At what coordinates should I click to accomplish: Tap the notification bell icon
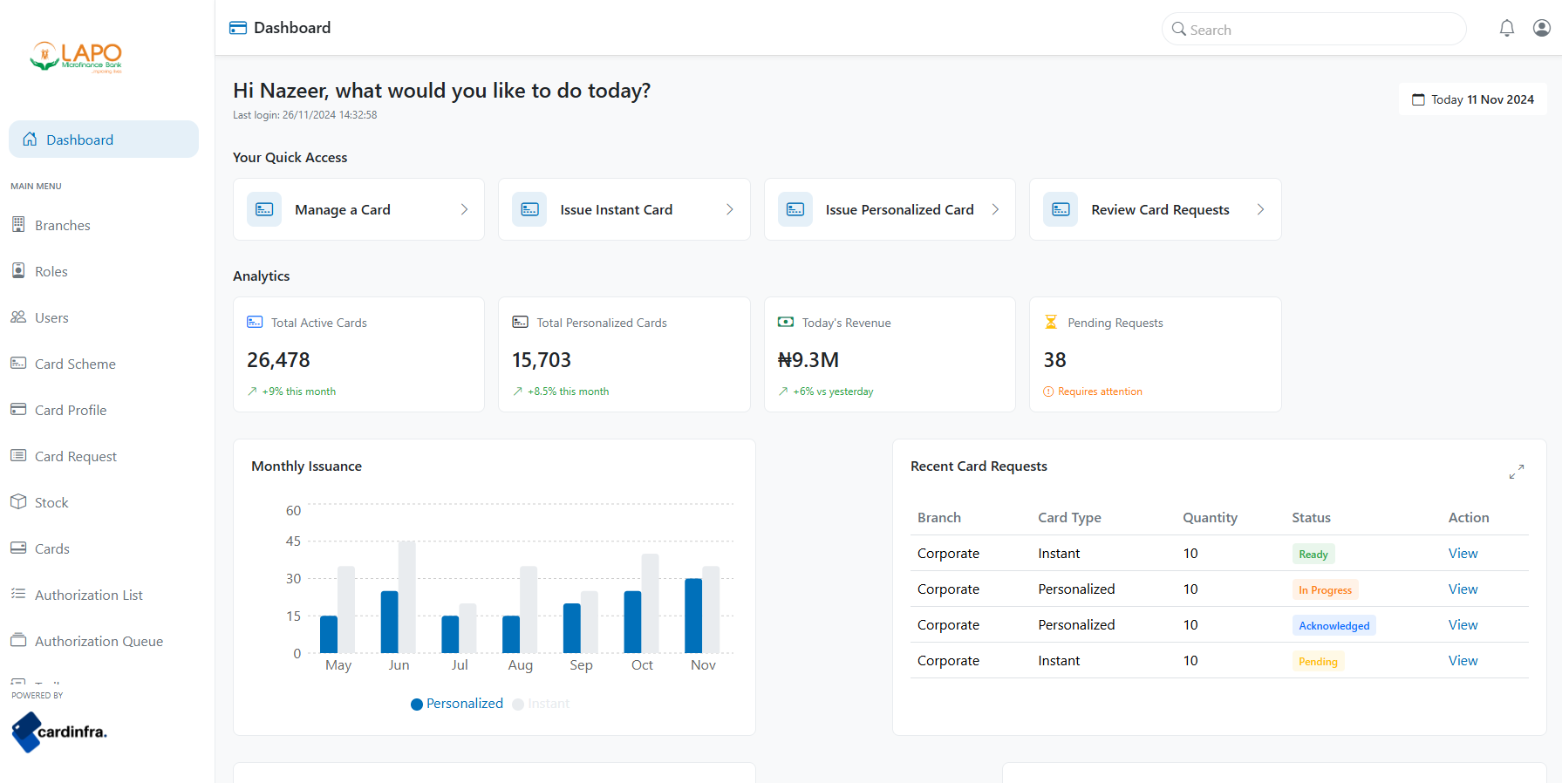point(1506,28)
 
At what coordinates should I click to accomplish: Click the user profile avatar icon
point(1541,28)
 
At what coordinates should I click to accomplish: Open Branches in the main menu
point(62,225)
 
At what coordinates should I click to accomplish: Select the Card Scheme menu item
point(74,364)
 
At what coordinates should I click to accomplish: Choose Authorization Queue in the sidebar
point(99,641)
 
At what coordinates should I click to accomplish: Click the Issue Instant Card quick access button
point(624,209)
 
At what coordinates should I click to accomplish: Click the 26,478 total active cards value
point(278,360)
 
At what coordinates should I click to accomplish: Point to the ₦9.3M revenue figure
point(808,360)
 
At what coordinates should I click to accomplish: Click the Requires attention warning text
point(1099,391)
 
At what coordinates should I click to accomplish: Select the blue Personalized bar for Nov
point(693,616)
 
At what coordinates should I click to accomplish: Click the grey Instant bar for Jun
point(406,597)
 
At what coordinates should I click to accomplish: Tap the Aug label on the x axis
point(520,665)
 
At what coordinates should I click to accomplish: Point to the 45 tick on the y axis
point(293,541)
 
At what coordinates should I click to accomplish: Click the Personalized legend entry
point(457,704)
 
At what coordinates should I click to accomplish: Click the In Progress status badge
point(1324,590)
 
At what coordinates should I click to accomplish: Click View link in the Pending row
point(1463,661)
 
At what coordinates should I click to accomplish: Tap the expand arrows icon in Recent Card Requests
point(1516,472)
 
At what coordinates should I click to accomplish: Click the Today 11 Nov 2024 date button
point(1472,99)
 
